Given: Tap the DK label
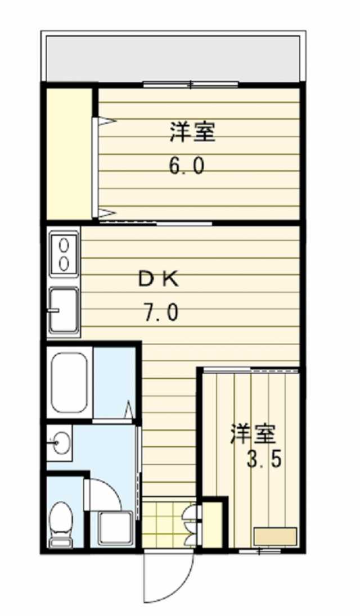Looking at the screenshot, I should pos(159,279).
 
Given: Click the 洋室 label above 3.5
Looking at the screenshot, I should pos(253,434).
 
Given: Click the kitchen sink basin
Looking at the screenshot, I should pos(64,310).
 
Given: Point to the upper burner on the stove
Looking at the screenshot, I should pos(64,244).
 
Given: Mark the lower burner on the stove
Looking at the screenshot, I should pos(64,262).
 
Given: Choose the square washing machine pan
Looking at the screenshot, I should pos(115,528).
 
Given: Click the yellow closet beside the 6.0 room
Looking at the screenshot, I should pos(69,152).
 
